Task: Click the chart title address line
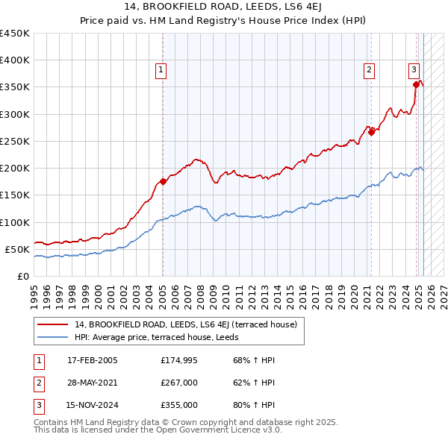[x=224, y=9]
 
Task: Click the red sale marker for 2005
[x=163, y=181]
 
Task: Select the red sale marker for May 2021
[x=371, y=133]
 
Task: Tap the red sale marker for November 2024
[x=416, y=85]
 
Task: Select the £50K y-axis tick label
[x=18, y=249]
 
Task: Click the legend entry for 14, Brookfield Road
[x=186, y=324]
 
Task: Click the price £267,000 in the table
[x=179, y=383]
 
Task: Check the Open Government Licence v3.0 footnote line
[x=158, y=430]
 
